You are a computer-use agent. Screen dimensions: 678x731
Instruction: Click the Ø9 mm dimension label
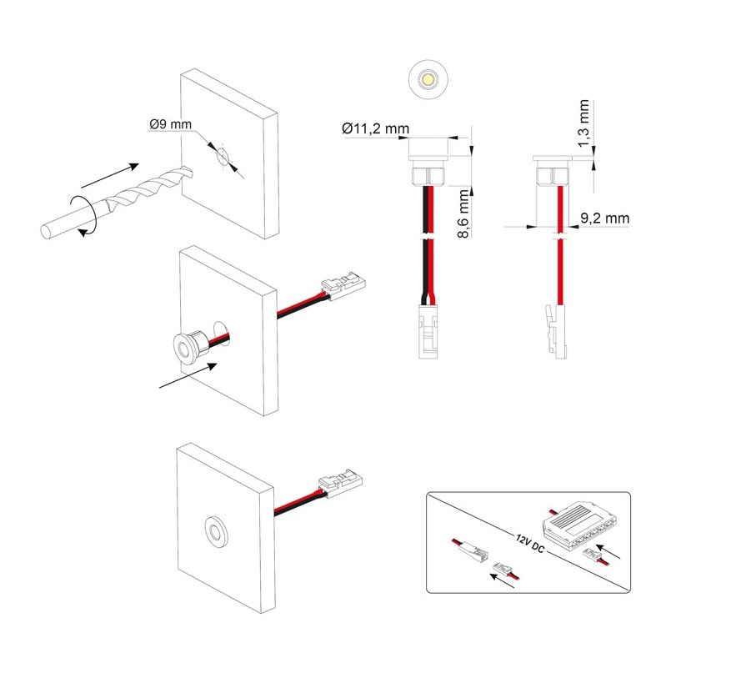(170, 124)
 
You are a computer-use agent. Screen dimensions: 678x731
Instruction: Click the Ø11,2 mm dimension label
(375, 128)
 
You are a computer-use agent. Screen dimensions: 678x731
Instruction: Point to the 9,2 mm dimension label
(603, 218)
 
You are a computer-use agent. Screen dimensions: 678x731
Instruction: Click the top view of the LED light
(426, 79)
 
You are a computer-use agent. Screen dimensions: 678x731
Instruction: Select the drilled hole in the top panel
(223, 158)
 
